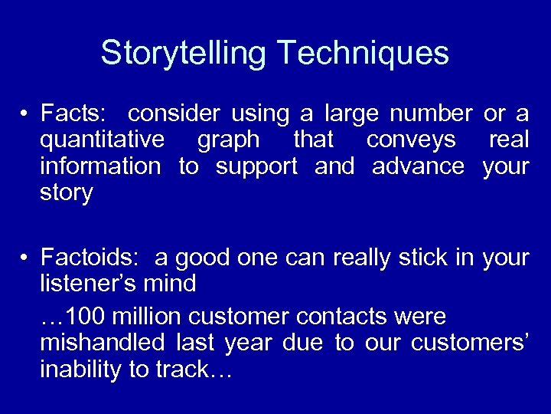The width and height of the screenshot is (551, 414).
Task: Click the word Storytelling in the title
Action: [x=184, y=54]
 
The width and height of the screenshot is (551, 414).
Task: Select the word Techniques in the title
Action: [x=364, y=54]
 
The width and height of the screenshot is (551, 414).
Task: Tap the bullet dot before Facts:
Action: [x=25, y=115]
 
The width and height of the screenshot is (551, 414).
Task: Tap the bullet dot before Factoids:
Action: [x=25, y=258]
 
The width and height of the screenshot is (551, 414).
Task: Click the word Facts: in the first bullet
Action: [x=75, y=114]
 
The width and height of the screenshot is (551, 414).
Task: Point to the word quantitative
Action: [x=102, y=140]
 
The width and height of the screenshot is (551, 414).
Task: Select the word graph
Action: [x=228, y=140]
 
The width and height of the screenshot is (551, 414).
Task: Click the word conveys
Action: [x=412, y=140]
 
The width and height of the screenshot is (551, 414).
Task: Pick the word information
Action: [x=100, y=166]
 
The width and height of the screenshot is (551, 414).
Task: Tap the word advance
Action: [x=418, y=166]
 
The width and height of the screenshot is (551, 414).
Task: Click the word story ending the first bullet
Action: [x=67, y=193]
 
